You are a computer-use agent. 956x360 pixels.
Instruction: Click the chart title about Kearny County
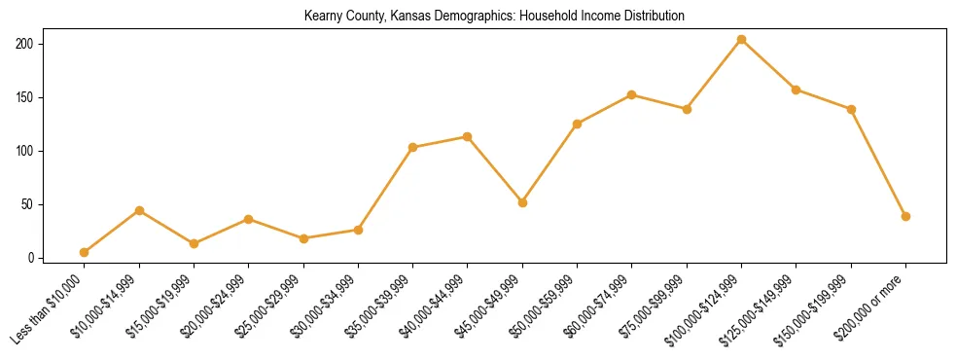click(494, 17)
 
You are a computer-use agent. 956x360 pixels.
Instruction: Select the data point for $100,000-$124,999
click(742, 40)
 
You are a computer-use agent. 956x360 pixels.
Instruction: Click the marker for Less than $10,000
click(85, 253)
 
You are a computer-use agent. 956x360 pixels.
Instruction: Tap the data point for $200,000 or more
click(906, 216)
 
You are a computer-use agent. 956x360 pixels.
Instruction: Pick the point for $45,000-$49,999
click(523, 203)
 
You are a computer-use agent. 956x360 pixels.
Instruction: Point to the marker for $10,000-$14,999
click(139, 210)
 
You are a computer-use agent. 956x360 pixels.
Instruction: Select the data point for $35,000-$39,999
click(413, 147)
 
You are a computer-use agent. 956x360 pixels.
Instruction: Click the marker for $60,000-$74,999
click(632, 94)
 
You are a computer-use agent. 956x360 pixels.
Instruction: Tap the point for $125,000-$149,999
click(797, 90)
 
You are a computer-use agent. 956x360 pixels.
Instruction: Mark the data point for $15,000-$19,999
click(195, 243)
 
